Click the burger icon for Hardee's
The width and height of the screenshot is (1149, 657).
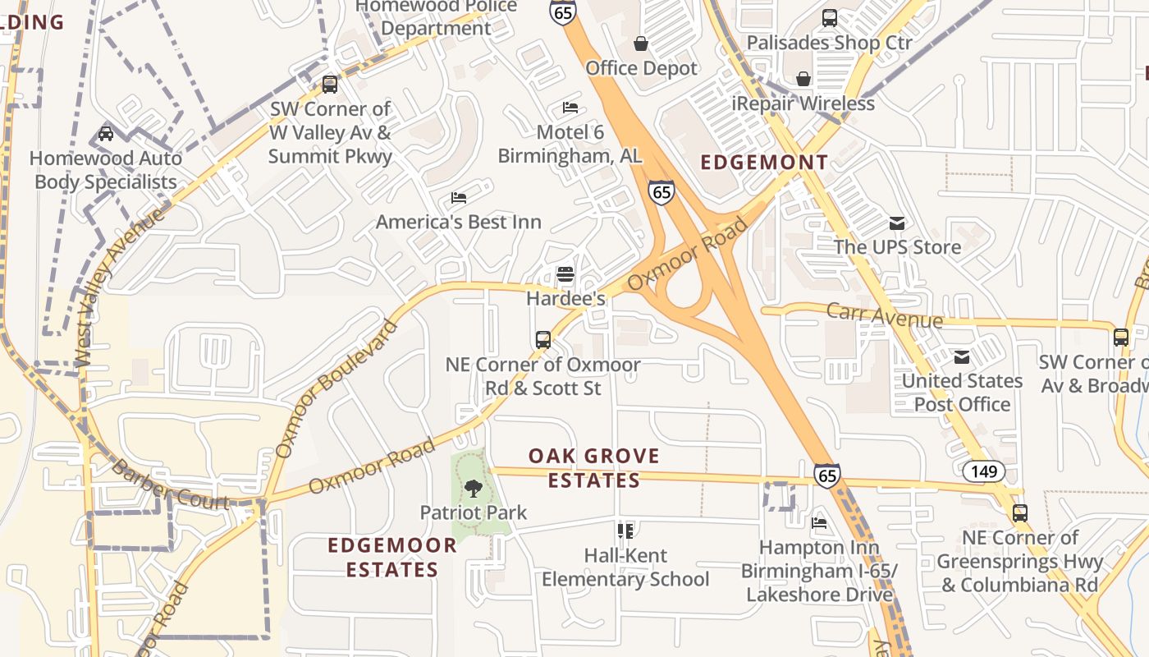point(565,273)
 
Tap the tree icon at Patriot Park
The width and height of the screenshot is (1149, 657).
point(473,489)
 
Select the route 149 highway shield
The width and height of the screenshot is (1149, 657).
point(982,471)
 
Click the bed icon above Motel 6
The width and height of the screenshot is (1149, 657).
point(570,108)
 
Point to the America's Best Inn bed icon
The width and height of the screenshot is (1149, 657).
point(459,198)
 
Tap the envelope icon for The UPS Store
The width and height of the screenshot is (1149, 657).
point(897,223)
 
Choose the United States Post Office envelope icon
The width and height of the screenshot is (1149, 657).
point(961,356)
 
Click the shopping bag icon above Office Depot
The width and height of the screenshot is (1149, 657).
point(641,44)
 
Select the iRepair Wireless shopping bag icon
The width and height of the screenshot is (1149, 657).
point(803,79)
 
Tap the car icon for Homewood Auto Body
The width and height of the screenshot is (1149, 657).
point(105,133)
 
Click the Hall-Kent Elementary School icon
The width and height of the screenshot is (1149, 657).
point(625,531)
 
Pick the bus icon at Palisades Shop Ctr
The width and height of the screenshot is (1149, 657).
point(830,17)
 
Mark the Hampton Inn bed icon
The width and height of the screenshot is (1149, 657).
point(818,523)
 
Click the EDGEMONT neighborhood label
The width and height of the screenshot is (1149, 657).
point(764,163)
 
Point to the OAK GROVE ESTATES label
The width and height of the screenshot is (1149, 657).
point(593,468)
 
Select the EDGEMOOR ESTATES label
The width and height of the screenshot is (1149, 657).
point(392,557)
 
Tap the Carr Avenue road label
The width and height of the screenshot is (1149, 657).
point(884,315)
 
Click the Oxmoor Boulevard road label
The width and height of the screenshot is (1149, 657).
point(336,388)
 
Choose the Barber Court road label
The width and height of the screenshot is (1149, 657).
point(169,485)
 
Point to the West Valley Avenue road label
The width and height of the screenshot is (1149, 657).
point(119,287)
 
